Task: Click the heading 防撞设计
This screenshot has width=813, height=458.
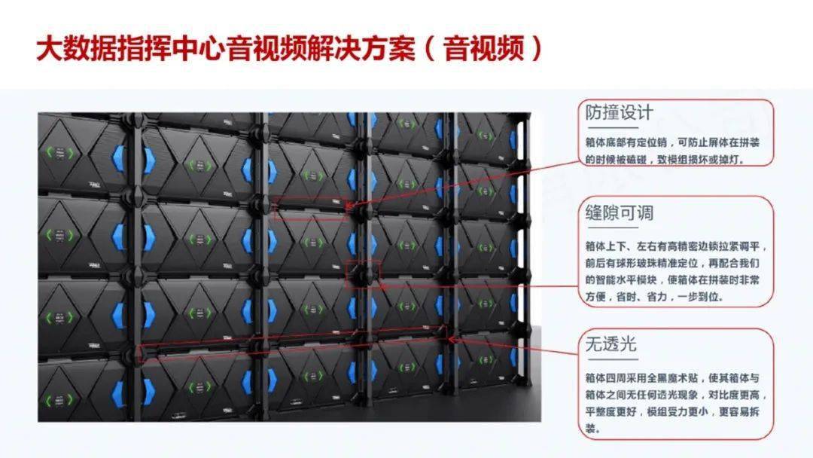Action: [619, 112]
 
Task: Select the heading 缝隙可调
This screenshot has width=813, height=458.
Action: [619, 212]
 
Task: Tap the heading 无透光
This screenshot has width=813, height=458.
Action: [611, 344]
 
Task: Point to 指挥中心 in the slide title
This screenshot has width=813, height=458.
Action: [172, 48]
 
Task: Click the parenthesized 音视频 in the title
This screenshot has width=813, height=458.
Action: [484, 48]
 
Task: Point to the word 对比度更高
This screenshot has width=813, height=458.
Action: [738, 395]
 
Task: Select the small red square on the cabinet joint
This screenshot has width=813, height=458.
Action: [363, 274]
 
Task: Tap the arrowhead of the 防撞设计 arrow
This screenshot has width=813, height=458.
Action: [349, 206]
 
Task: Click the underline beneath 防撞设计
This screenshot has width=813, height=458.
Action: [612, 127]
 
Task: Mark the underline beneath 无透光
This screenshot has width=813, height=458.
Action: [612, 359]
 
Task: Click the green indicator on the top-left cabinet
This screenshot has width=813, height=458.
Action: [60, 152]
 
